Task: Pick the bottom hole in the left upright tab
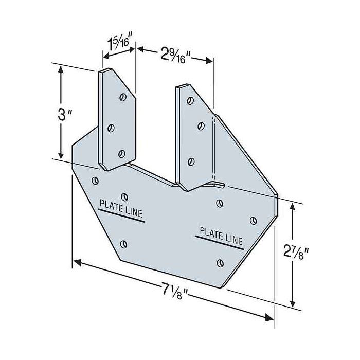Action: pos(122,153)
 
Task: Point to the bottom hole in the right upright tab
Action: pos(191,161)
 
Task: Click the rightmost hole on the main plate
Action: pos(253,221)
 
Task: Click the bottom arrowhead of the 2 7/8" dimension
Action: pos(293,304)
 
